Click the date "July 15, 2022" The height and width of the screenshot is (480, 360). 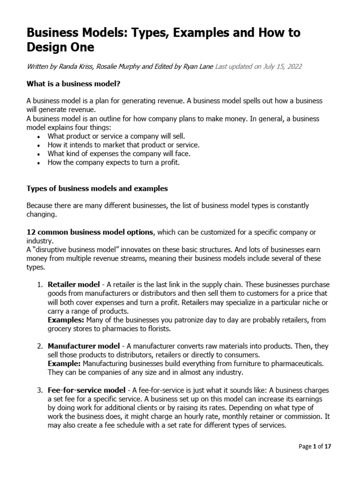point(279,67)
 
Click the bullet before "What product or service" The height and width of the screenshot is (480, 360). point(38,136)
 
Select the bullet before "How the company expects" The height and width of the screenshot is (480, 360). point(38,163)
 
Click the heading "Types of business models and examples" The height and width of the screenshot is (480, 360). point(97,188)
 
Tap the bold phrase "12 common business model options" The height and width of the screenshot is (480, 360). point(90,232)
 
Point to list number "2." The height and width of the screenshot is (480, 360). point(40,346)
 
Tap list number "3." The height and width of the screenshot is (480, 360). point(40,390)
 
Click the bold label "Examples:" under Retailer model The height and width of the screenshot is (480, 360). point(65,320)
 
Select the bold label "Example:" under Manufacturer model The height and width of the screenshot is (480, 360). point(63,364)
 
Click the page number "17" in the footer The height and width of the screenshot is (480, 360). point(328,447)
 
